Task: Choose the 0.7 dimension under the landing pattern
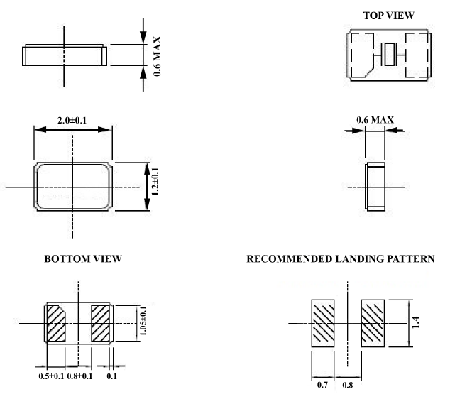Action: click(322, 386)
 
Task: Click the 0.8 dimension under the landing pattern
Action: click(348, 386)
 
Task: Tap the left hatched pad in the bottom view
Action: click(56, 323)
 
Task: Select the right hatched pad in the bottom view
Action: click(101, 323)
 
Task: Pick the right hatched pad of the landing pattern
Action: click(373, 322)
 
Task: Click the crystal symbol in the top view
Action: click(390, 54)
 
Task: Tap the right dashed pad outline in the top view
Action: click(415, 54)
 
